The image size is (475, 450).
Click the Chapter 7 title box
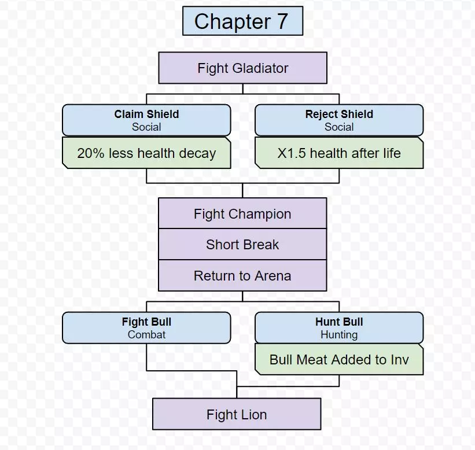(x=242, y=21)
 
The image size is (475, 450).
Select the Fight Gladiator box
(x=242, y=68)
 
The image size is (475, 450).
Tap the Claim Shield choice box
(x=146, y=120)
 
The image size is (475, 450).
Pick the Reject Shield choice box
(x=339, y=120)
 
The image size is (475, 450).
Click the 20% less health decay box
(x=146, y=153)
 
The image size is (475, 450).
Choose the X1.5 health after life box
(x=339, y=153)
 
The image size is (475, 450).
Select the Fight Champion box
(x=242, y=214)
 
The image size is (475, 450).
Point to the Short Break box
(x=242, y=245)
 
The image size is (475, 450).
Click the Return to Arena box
(x=242, y=276)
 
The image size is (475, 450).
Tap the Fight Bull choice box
(x=146, y=328)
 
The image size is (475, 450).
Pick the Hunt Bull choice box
(x=339, y=328)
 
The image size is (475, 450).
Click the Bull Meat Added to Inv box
(x=339, y=359)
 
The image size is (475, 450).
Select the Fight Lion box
(x=237, y=414)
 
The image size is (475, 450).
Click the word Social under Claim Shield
(x=146, y=127)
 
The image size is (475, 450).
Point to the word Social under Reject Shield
(x=339, y=127)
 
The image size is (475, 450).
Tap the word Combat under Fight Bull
(x=146, y=334)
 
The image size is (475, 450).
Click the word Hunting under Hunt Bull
(x=339, y=334)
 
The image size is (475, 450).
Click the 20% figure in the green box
(x=89, y=153)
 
